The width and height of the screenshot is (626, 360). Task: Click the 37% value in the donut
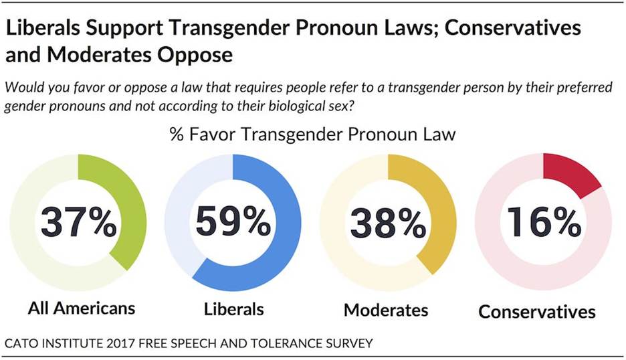tap(78, 223)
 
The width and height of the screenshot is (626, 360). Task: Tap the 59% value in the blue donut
tap(233, 223)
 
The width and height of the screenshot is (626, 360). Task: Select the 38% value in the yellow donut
tap(388, 223)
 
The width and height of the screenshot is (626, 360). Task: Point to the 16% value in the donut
tap(543, 223)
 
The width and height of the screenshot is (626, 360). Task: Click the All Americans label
tap(82, 308)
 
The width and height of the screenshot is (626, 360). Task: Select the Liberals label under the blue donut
tap(233, 309)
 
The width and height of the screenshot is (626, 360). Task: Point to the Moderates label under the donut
tap(386, 310)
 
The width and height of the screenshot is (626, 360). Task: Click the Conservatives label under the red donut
tap(537, 312)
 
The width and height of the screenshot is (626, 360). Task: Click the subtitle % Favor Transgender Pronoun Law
tap(312, 134)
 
